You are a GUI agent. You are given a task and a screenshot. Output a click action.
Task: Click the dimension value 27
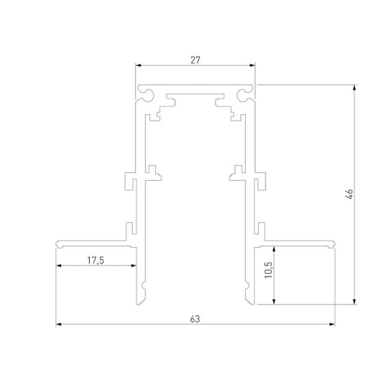[195, 60]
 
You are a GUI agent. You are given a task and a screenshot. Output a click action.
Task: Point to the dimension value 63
[195, 317]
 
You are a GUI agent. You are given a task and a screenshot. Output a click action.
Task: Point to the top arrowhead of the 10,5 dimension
[273, 246]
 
